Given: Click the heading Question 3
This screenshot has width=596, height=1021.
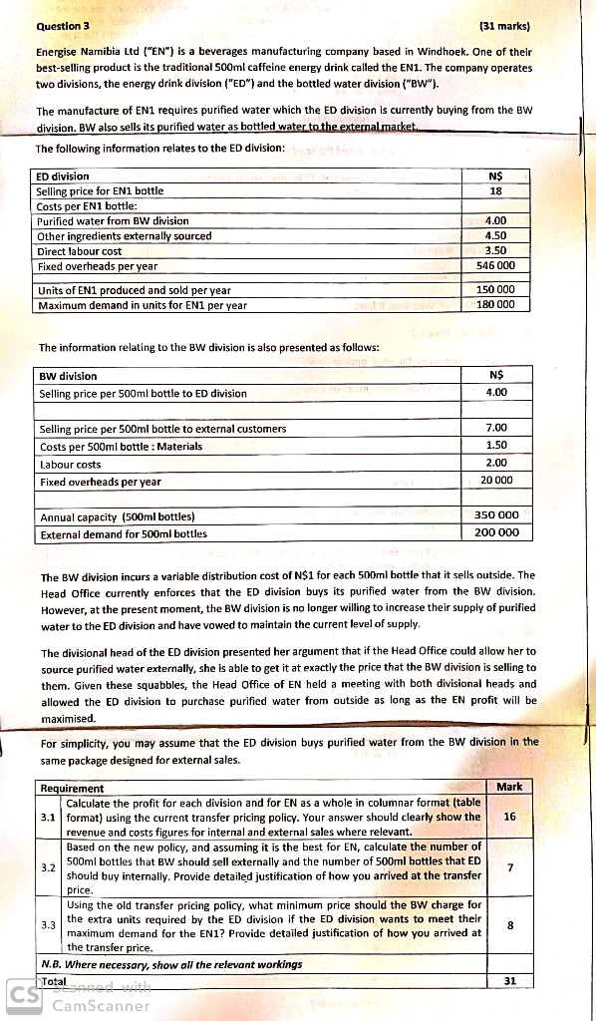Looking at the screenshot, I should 62,26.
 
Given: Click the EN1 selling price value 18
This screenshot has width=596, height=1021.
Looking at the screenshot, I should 495,190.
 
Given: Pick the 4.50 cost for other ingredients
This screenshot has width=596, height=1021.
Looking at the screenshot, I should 495,236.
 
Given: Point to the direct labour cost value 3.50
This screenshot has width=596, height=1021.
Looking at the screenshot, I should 495,251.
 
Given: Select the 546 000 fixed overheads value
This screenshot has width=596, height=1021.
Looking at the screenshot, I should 495,266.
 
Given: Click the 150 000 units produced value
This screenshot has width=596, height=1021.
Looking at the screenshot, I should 495,289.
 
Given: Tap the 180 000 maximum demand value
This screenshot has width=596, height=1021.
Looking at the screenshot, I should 495,304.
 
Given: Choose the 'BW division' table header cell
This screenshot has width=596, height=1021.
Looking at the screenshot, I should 68,376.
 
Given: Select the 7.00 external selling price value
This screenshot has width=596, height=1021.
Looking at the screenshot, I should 496,428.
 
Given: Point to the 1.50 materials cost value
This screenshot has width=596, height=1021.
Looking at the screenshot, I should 496,445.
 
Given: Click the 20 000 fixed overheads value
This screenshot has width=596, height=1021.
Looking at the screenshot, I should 496,480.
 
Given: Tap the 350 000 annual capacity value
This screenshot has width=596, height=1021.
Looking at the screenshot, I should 496,515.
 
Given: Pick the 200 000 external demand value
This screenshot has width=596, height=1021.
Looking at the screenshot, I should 496,532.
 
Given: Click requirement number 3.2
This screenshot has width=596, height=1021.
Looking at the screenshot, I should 48,867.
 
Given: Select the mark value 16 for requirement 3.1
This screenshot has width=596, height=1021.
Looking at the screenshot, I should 509,816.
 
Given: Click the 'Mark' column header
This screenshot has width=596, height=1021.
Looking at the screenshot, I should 508,787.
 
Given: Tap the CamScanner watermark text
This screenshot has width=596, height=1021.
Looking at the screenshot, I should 99,1005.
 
